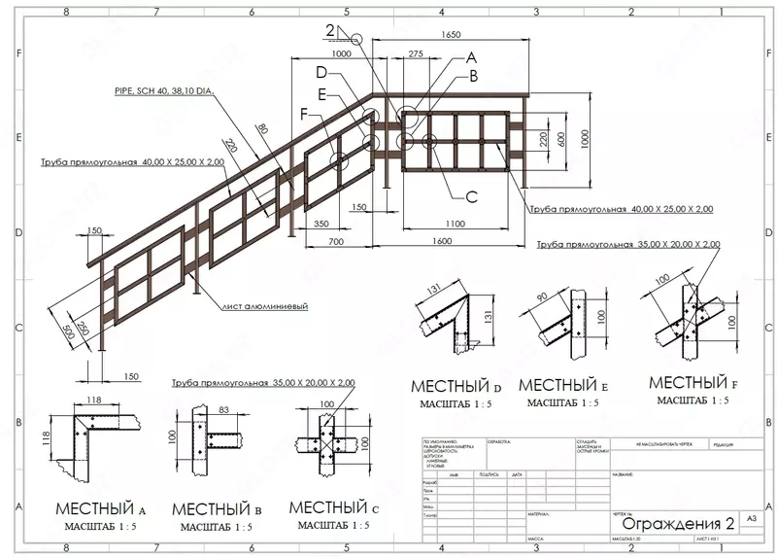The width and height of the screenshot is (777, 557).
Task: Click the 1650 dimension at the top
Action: pyautogui.click(x=450, y=34)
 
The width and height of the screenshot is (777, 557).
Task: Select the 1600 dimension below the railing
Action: pyautogui.click(x=442, y=240)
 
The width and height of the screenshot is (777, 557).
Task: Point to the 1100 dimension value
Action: pyautogui.click(x=456, y=223)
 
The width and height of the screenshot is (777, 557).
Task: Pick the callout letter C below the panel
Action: pyautogui.click(x=472, y=197)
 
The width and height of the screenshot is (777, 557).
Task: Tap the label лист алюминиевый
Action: pyautogui.click(x=265, y=306)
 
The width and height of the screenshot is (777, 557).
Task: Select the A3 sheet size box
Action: pyautogui.click(x=750, y=520)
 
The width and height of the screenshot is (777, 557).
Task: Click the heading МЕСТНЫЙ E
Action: pyautogui.click(x=563, y=385)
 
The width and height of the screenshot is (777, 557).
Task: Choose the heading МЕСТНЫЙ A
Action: pyautogui.click(x=101, y=508)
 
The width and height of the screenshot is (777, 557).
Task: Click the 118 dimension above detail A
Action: pyautogui.click(x=95, y=400)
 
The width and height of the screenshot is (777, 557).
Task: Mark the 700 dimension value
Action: pyautogui.click(x=337, y=240)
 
